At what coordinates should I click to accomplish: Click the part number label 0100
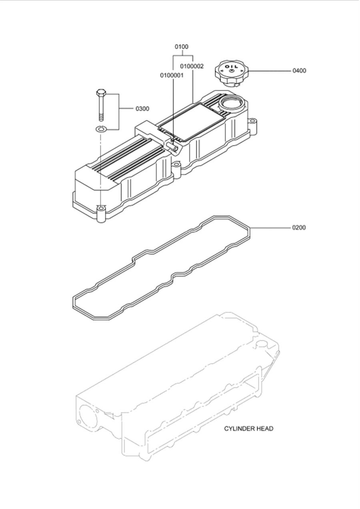(181, 47)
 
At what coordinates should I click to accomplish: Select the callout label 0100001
(172, 75)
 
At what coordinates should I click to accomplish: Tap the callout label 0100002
(192, 66)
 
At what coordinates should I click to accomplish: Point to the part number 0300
(142, 109)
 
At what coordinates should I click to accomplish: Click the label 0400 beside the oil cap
(299, 71)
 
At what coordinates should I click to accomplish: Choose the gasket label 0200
(299, 228)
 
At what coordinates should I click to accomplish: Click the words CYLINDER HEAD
(248, 429)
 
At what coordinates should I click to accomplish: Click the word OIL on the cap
(231, 66)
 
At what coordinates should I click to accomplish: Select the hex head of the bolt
(100, 93)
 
